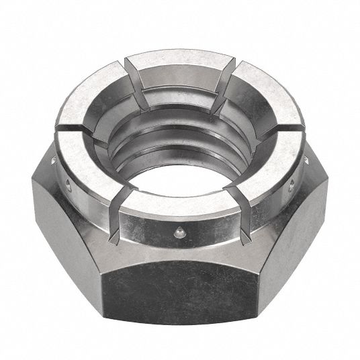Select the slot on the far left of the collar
pyautogui.click(x=74, y=126)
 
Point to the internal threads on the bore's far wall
pyautogui.click(x=181, y=118)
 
